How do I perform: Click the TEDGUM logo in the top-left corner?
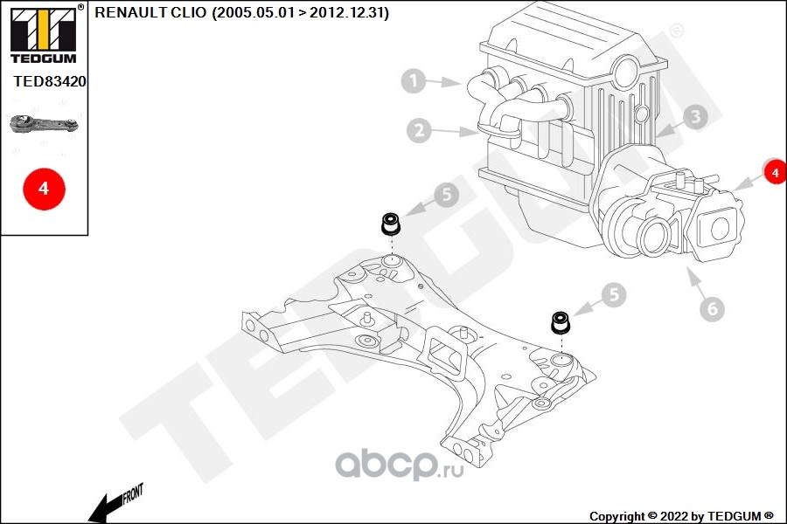(42, 33)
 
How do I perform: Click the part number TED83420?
(49, 80)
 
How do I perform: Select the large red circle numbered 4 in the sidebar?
(42, 187)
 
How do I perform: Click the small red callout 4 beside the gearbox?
(774, 173)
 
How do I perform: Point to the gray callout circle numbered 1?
(414, 82)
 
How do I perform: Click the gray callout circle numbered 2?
(420, 131)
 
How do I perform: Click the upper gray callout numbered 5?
(446, 196)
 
